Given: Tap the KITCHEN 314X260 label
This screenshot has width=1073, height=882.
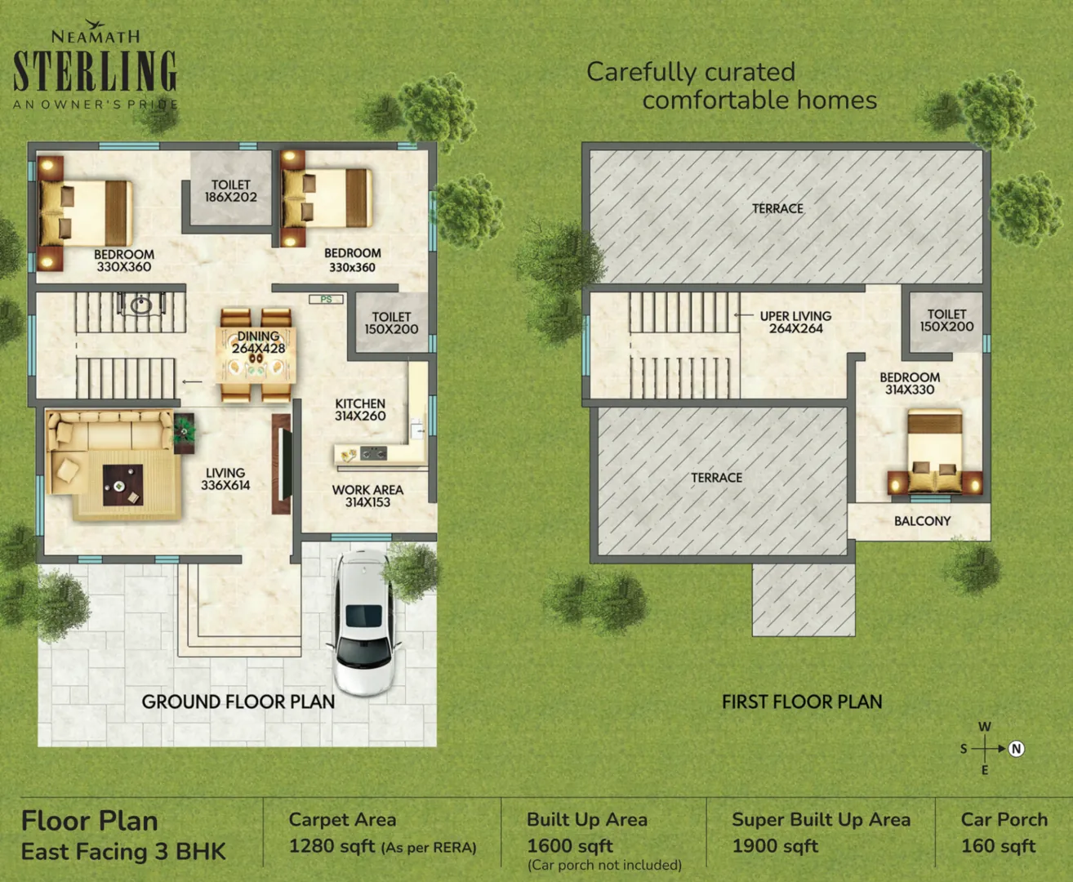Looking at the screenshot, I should click(x=360, y=410).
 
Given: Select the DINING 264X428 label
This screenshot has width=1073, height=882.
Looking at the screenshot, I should click(x=258, y=342).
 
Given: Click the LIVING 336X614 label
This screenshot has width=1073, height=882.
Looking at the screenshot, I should click(x=225, y=479).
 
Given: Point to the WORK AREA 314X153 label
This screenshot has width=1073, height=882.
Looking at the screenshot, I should click(x=367, y=496).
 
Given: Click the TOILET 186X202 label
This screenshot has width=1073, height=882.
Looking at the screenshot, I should click(x=230, y=191).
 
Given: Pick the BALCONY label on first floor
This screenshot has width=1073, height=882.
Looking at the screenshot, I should click(x=922, y=521).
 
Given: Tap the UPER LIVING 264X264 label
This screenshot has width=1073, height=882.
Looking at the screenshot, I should click(x=795, y=323).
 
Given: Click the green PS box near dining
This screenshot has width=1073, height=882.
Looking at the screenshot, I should click(x=326, y=300).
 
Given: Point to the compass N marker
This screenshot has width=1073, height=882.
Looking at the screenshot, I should click(x=1017, y=749).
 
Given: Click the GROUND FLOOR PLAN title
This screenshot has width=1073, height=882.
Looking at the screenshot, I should click(x=238, y=702).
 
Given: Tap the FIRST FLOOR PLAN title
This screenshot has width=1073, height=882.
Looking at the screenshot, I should click(x=802, y=702).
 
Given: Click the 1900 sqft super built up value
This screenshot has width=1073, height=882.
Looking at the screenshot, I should click(x=774, y=846).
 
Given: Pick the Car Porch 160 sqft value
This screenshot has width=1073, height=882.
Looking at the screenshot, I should click(x=998, y=846).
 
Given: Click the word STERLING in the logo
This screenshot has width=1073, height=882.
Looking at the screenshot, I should click(x=95, y=71).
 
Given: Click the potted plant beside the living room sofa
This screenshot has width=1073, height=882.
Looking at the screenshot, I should click(x=185, y=430).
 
